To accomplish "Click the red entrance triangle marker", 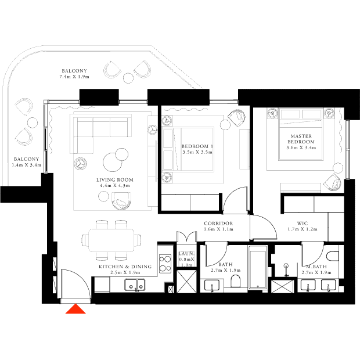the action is point(75,309).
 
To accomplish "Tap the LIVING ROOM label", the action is point(115,180).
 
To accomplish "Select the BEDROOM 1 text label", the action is point(197,146).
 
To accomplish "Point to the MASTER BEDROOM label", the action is point(301,139).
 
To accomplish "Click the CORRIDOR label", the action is point(218,223).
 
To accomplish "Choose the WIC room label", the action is point(303,223).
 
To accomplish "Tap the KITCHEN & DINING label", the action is point(125,267).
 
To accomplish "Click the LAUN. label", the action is point(186,254).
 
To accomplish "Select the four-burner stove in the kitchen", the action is point(165,264).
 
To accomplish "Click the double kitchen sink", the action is point(135,285).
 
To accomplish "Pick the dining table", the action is point(111,240).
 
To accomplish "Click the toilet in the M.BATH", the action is point(333,256).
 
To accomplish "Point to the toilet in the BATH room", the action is point(235,281).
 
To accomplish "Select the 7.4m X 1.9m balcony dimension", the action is point(74,77).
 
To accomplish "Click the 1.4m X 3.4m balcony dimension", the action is point(27,165).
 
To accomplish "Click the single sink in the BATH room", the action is point(212,286).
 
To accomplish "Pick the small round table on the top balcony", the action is point(128,78).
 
